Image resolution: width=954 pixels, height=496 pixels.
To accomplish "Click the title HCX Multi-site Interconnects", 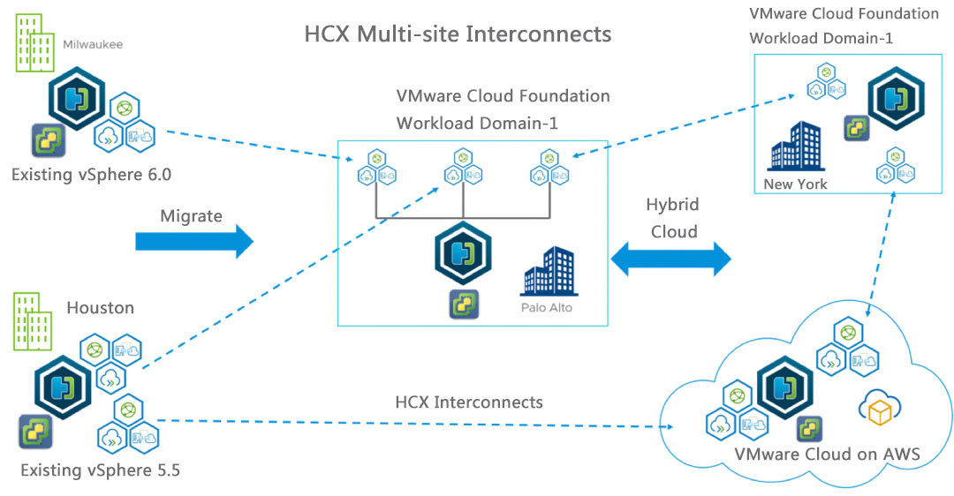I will pos(458,34).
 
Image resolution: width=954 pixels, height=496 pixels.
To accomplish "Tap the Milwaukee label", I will pos(93,41).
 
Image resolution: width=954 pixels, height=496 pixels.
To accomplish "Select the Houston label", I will pos(101,308).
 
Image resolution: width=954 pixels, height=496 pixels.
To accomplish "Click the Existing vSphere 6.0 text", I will pos(91,175).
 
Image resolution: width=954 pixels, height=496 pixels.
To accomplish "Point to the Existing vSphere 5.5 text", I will pos(101,470).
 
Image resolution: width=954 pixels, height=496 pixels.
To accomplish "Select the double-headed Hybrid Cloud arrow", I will pos(671,259).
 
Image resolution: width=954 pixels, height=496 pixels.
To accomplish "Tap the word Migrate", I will pos(192,215).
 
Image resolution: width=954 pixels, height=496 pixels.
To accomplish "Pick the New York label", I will pos(796,184).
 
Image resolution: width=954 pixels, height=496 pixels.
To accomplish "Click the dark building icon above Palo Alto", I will pos(549,271).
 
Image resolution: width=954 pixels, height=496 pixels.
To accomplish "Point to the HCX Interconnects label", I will pos(469,402).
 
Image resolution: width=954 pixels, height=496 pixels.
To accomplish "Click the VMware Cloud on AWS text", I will pos(828,455).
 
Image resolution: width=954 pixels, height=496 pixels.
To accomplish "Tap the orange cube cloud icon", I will pos(879,409).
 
